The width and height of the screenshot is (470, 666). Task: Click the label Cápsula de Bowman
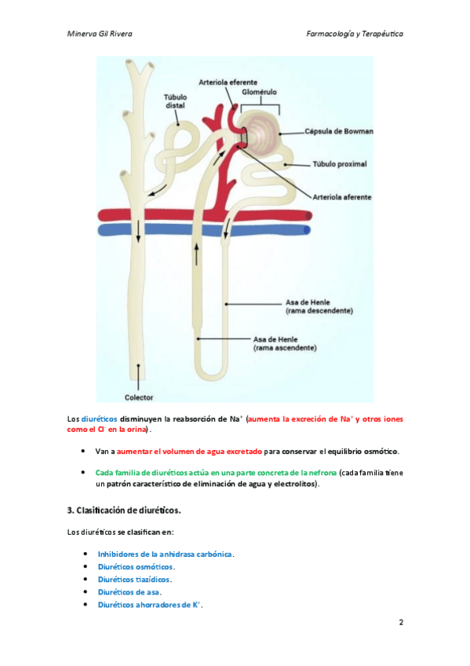338,131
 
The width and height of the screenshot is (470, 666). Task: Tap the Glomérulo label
259,92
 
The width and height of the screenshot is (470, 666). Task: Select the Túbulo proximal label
339,164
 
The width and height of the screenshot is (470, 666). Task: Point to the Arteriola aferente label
342,197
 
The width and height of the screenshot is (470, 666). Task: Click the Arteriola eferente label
228,82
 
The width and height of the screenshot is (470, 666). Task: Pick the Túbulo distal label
175,101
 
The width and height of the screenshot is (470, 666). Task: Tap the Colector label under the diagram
139,397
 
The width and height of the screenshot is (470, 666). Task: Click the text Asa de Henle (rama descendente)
319,306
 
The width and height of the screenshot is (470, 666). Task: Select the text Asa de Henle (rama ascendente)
285,344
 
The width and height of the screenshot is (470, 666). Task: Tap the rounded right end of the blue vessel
307,230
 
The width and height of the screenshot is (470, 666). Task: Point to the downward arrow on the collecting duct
138,232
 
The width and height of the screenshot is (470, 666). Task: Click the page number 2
401,622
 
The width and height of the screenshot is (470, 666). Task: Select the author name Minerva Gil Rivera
100,34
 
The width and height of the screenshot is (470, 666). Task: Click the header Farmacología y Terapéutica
355,34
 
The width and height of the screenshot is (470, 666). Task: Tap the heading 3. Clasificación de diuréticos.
124,510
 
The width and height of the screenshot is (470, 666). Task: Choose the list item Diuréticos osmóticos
135,566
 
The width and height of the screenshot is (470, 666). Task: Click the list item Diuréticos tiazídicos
134,580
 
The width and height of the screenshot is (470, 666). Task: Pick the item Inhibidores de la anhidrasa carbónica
165,554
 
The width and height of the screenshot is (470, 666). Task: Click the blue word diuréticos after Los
99,419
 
